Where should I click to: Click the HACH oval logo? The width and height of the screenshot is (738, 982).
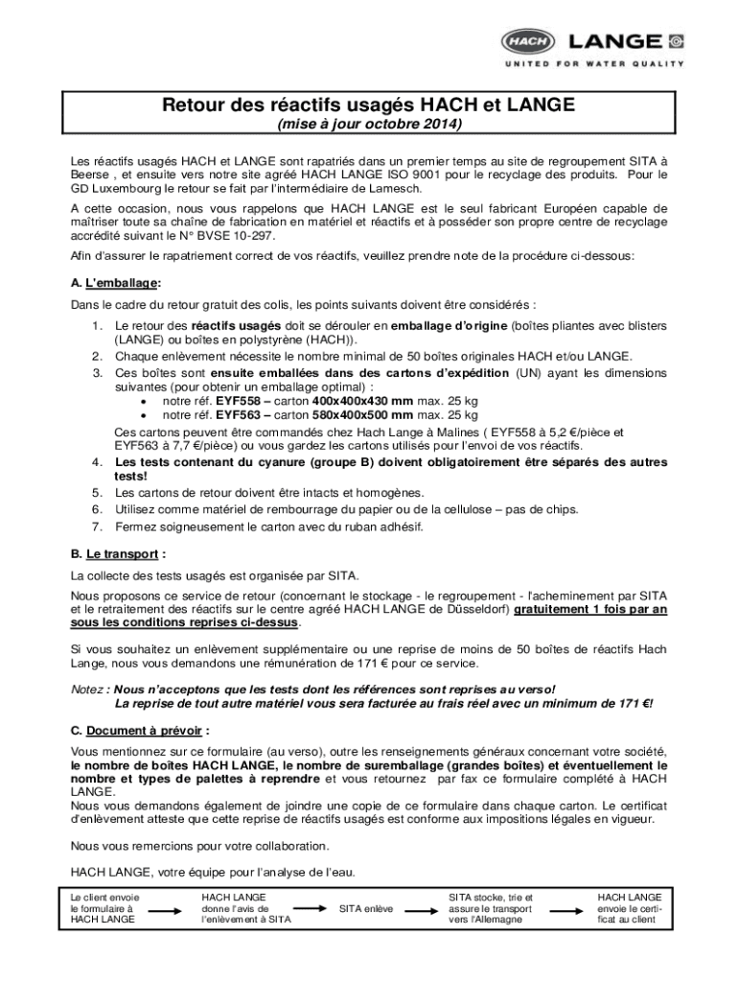pos(528,41)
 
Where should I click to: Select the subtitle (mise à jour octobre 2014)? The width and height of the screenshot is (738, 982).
pos(369,125)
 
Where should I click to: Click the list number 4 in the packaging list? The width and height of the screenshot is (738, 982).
pos(98,462)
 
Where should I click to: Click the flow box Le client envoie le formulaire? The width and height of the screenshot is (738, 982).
pos(104,907)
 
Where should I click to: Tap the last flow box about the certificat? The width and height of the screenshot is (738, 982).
pos(629,907)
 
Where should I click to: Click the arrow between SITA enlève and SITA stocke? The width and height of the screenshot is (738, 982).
pos(421,908)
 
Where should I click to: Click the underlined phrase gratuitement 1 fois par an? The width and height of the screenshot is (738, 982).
pos(590,609)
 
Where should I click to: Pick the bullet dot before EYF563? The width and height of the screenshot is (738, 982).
pos(144,415)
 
